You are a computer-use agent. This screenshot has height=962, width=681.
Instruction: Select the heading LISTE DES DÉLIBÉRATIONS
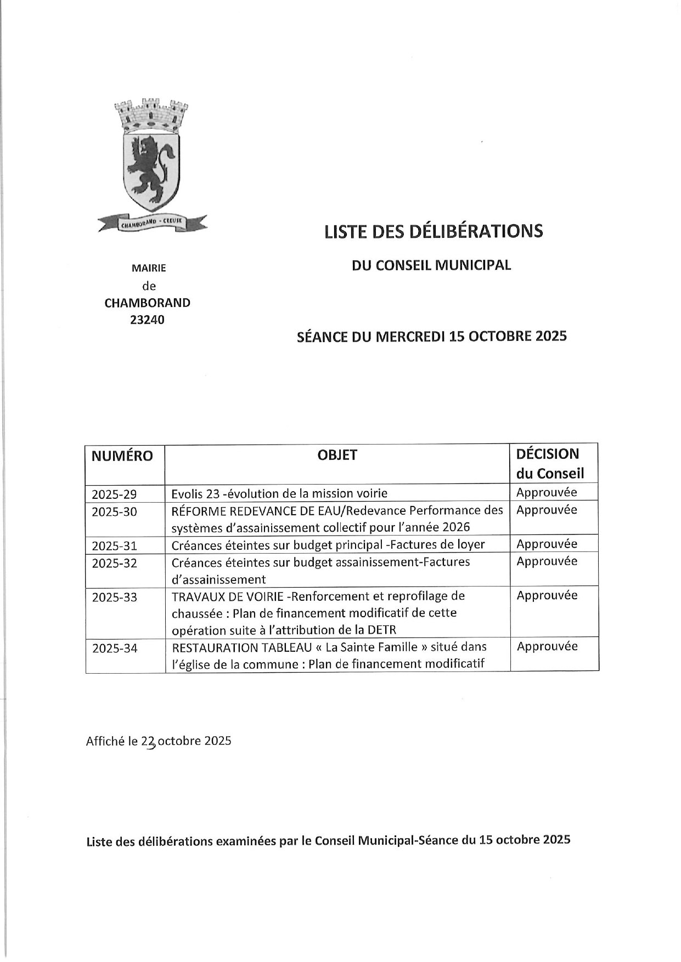(434, 231)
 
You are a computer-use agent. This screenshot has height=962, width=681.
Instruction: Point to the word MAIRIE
(148, 269)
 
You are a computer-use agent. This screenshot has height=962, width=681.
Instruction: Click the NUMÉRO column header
(122, 456)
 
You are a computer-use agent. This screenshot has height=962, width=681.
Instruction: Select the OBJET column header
(337, 455)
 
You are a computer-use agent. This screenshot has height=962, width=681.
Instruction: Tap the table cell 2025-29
(114, 494)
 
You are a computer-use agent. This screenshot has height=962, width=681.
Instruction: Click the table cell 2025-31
(114, 546)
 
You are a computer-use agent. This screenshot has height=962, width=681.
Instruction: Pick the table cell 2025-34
(114, 648)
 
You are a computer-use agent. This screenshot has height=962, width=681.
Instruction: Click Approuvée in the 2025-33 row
(547, 595)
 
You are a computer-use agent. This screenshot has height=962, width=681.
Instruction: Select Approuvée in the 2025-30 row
(547, 510)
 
